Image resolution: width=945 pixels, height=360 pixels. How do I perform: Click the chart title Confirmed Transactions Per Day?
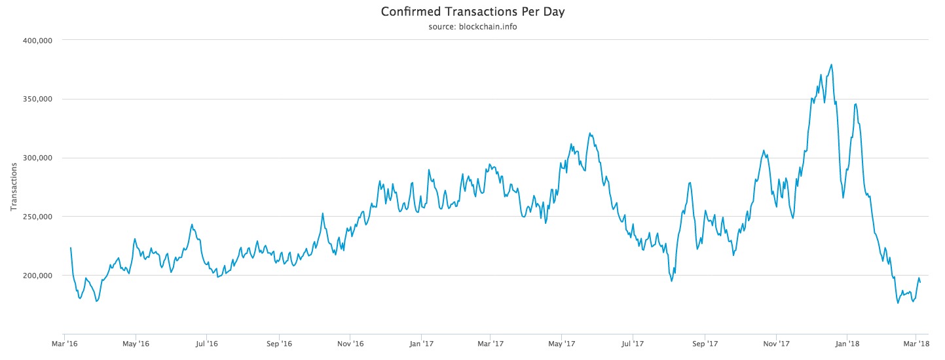tap(472, 12)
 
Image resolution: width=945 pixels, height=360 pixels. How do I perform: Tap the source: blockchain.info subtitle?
tap(472, 27)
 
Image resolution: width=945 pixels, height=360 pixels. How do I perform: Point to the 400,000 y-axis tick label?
tap(38, 40)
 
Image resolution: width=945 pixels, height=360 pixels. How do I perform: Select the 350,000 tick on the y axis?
tap(38, 99)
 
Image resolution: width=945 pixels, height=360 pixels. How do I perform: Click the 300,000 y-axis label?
tap(38, 158)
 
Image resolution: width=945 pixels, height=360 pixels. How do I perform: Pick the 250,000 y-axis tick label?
tap(38, 217)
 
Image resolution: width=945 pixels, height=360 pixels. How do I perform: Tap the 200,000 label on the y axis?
tap(38, 276)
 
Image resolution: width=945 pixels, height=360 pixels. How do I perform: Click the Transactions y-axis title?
tap(14, 187)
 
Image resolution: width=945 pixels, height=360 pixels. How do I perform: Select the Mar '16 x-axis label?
tap(64, 343)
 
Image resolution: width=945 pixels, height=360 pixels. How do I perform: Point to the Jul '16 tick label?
tap(207, 343)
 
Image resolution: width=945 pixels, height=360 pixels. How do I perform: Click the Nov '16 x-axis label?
tap(350, 343)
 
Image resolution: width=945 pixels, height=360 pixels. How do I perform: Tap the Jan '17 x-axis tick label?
tap(422, 343)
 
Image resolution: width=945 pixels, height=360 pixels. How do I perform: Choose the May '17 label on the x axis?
tap(561, 343)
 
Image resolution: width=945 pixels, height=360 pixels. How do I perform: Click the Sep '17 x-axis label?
tap(705, 343)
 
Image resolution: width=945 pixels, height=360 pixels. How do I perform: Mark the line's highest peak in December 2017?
tap(831, 64)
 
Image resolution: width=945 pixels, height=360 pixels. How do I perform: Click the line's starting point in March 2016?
tap(71, 247)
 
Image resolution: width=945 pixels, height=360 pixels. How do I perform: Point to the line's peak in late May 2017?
tap(590, 134)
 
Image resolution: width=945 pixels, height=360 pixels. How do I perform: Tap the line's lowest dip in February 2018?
tap(898, 303)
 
